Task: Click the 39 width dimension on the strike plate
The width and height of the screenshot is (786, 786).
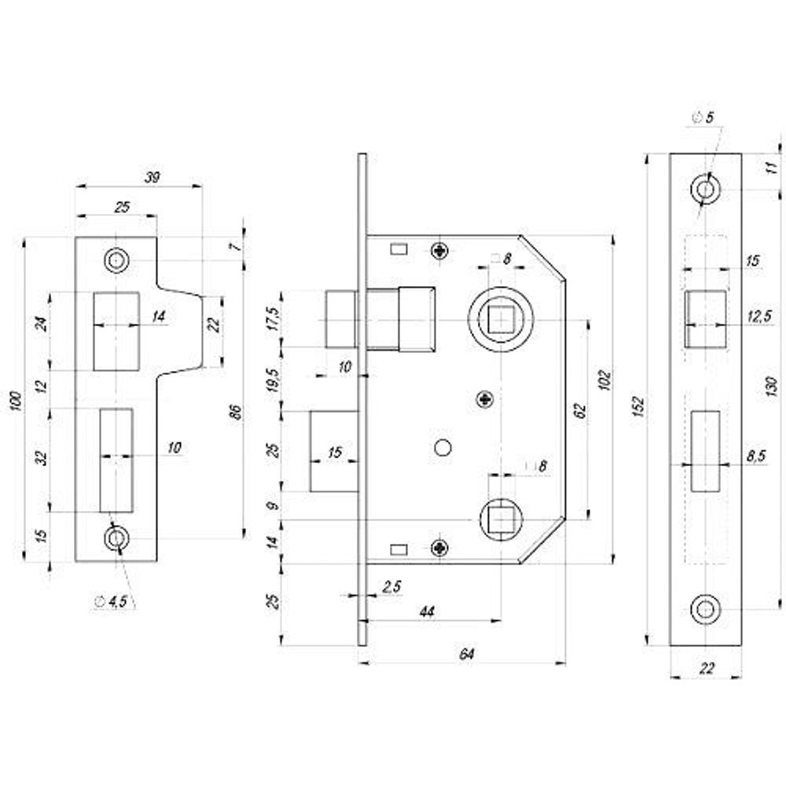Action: point(152,178)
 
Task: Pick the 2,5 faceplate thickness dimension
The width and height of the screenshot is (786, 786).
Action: point(391,586)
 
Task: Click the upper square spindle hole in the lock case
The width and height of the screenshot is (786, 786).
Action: point(501,320)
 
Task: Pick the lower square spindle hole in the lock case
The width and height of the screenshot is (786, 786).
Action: point(501,520)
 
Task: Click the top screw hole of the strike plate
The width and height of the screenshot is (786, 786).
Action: point(118,260)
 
